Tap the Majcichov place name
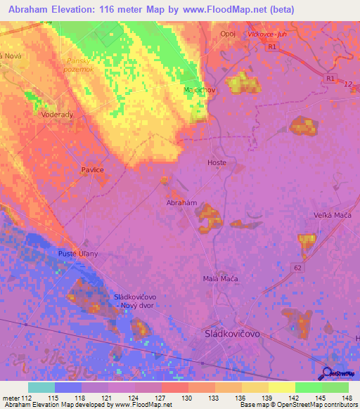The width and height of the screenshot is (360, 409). pyautogui.click(x=198, y=91)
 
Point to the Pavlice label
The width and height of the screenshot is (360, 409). pyautogui.click(x=92, y=170)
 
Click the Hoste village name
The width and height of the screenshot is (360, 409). pyautogui.click(x=217, y=162)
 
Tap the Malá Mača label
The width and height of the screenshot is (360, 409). pyautogui.click(x=220, y=279)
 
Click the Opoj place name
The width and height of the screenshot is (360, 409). pyautogui.click(x=228, y=34)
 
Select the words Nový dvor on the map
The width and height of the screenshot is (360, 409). pyautogui.click(x=139, y=306)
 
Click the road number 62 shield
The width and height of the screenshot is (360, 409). pyautogui.click(x=298, y=268)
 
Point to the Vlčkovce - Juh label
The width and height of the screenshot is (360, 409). pyautogui.click(x=267, y=34)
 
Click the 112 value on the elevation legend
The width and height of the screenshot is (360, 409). pyautogui.click(x=27, y=398)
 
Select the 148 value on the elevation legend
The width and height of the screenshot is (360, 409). pyautogui.click(x=348, y=398)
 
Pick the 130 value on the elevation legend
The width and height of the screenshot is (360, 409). pyautogui.click(x=188, y=398)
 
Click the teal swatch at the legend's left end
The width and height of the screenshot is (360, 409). pyautogui.click(x=41, y=387)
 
